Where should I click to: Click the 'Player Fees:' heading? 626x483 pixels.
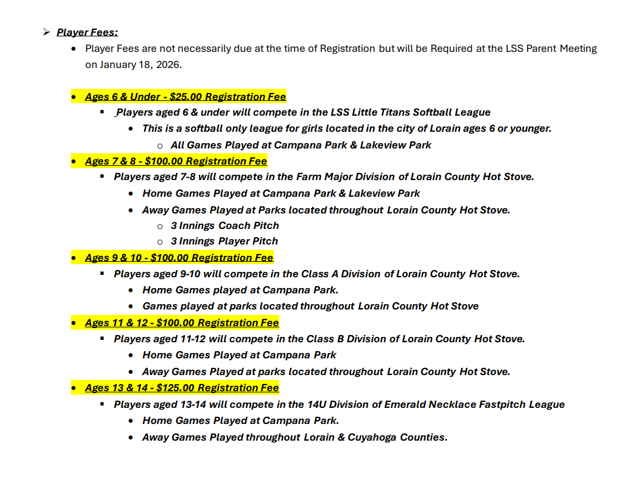[87, 32]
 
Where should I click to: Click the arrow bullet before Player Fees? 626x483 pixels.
[46, 32]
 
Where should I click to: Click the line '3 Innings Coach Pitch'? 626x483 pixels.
[225, 225]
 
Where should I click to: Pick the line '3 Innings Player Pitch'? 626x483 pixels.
[224, 241]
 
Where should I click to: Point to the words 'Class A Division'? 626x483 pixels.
[343, 274]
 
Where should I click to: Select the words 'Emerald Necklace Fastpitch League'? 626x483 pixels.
[474, 404]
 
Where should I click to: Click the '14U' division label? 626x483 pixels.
[317, 404]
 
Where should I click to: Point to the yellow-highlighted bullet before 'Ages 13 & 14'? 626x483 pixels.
[73, 388]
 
